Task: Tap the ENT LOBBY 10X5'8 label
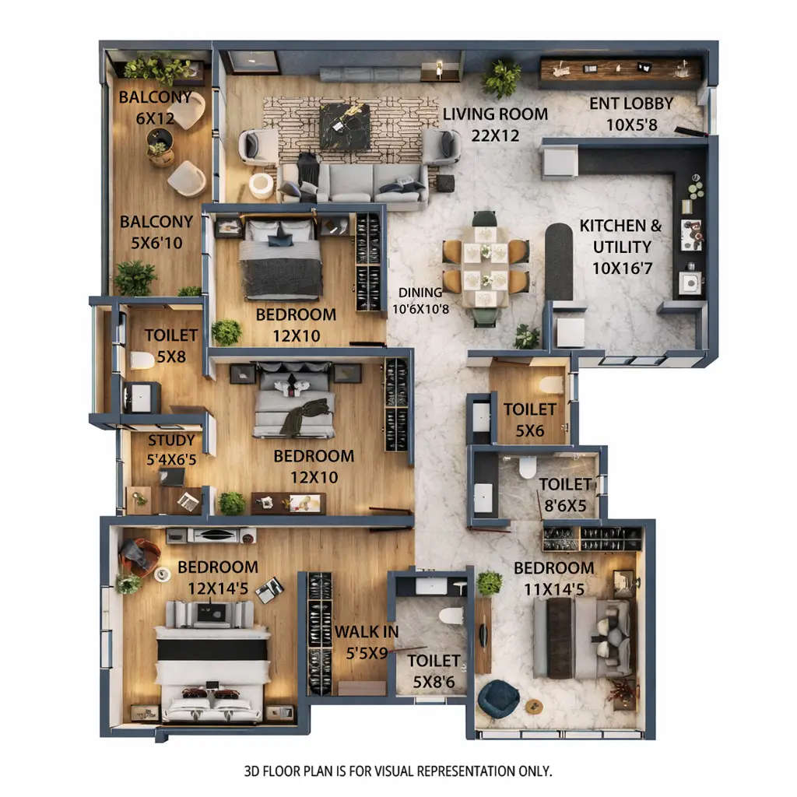click(x=631, y=114)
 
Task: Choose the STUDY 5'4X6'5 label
click(x=171, y=450)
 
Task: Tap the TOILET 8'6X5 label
click(x=565, y=494)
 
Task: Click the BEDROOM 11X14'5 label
click(x=553, y=578)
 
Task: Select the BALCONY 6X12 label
click(x=155, y=107)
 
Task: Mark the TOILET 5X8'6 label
click(x=434, y=670)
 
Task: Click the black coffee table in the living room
click(x=344, y=126)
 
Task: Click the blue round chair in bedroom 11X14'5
click(x=498, y=698)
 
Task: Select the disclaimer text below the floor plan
click(x=398, y=771)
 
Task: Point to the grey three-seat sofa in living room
click(x=353, y=183)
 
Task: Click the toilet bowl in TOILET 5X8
click(x=142, y=360)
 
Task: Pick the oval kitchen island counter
click(x=558, y=261)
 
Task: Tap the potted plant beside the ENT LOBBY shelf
click(x=502, y=77)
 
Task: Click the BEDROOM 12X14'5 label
click(x=217, y=578)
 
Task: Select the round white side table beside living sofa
click(x=262, y=185)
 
